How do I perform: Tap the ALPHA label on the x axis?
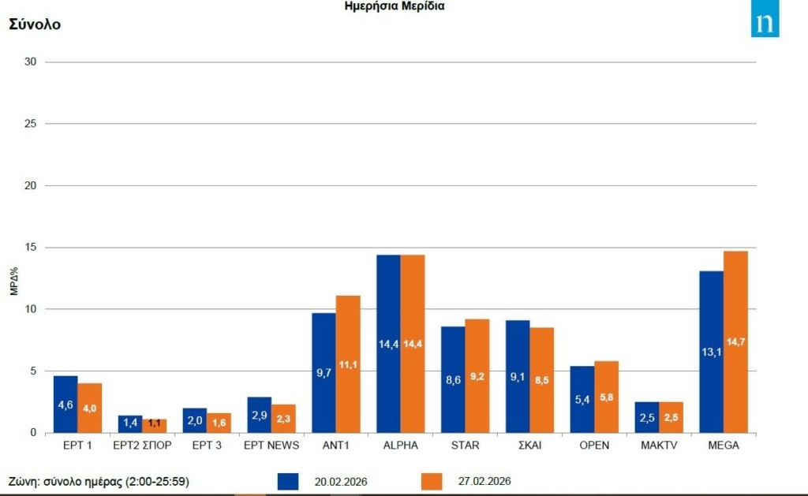pos(400,446)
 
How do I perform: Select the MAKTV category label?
pos(659,446)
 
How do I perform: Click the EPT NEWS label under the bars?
pos(272,446)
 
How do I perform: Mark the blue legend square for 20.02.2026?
pos(288,481)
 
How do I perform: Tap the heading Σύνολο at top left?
pos(35,24)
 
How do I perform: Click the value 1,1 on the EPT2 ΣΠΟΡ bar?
pos(155,423)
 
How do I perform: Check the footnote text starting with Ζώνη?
pos(99,481)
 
